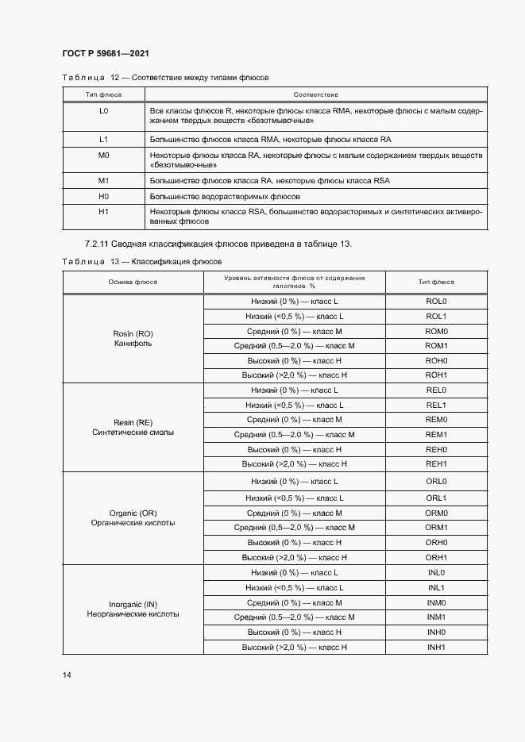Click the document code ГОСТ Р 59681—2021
point(106,53)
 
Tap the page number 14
point(67,675)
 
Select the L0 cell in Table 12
point(103,110)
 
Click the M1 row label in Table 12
point(103,181)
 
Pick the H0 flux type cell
point(103,195)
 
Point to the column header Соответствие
point(316,94)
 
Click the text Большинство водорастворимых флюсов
point(225,195)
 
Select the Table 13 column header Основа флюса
point(133,282)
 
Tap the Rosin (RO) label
point(133,333)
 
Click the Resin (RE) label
point(133,422)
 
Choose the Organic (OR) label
point(133,513)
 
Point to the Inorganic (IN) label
point(133,604)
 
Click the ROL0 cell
point(437,302)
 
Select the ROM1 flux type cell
point(437,346)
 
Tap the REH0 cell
point(437,449)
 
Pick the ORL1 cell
point(437,498)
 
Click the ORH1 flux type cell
point(437,557)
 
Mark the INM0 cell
point(437,603)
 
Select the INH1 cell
point(437,648)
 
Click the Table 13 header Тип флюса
point(437,282)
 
